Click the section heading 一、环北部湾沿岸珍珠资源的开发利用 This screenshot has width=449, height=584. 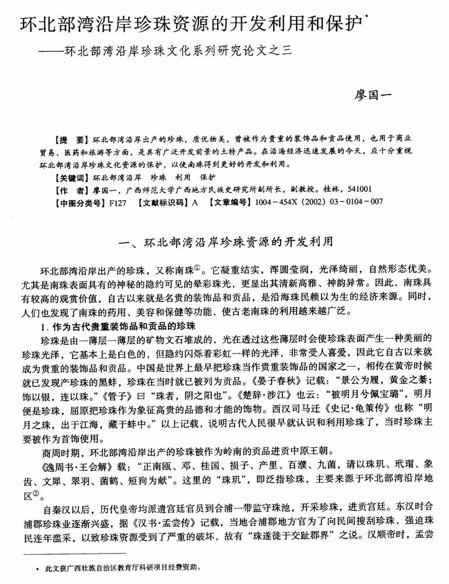click(224, 239)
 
